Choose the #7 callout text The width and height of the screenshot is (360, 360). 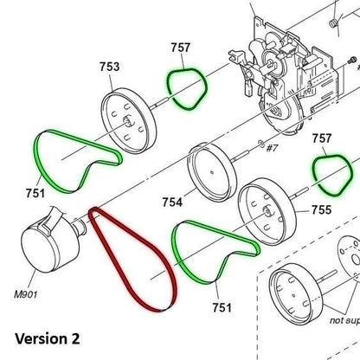tap(270, 149)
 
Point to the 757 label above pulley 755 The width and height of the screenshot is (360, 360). tap(323, 138)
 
